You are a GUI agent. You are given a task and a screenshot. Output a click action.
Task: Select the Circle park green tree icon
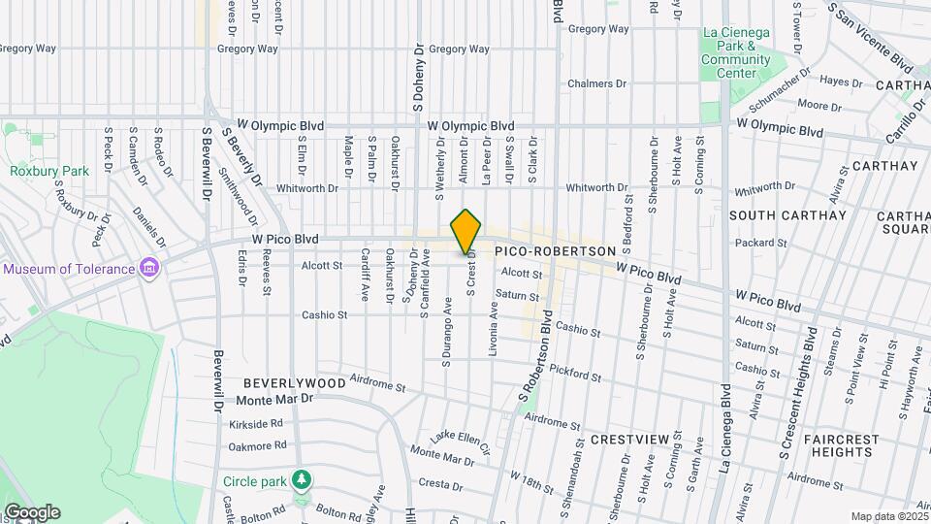click(x=303, y=480)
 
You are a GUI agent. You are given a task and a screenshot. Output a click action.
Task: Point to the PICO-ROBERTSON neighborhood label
click(x=555, y=251)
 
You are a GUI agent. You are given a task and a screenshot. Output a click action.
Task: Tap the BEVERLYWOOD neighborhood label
click(x=294, y=383)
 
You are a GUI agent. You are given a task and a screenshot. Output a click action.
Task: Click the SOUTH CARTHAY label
click(x=787, y=214)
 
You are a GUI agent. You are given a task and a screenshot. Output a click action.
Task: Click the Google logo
click(x=31, y=512)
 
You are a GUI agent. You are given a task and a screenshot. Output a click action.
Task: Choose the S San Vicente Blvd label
click(x=873, y=39)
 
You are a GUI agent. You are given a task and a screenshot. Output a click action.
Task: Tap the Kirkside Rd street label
click(x=256, y=424)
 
